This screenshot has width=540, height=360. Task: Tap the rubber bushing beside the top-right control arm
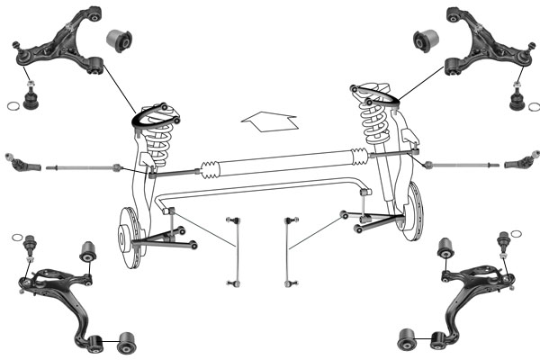coord(425,40)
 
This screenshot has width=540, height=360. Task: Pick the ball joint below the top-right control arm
coord(517,98)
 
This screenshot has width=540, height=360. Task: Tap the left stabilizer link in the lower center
coord(236,251)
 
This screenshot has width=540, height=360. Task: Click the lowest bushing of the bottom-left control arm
coord(127,341)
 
